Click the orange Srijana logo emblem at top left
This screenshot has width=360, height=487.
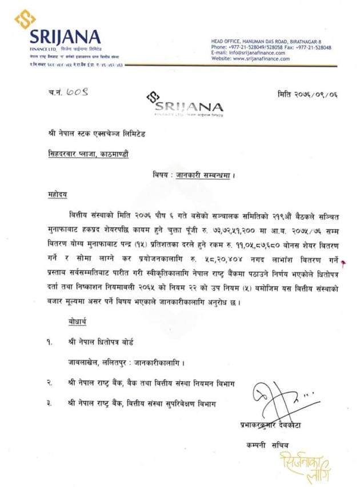25,19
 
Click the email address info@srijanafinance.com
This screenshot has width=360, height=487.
258,53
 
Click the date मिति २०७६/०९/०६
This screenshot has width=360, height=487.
307,93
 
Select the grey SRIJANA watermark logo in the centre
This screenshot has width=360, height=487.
185,105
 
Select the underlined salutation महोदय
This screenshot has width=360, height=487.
57,195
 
